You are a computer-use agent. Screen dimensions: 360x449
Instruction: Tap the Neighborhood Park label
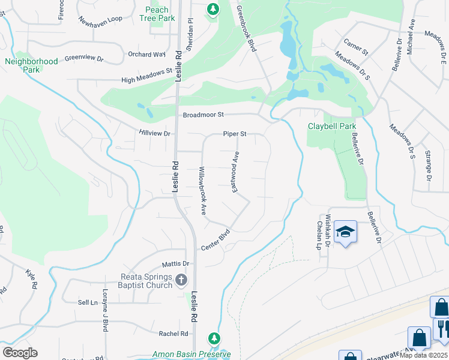[31, 65]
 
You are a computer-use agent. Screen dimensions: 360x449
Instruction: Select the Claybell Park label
[332, 126]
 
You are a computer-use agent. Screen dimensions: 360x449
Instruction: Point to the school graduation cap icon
[345, 232]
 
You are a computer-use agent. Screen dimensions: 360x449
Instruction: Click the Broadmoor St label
[203, 114]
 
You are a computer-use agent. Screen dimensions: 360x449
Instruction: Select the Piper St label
[235, 134]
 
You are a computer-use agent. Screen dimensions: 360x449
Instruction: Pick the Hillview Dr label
[155, 133]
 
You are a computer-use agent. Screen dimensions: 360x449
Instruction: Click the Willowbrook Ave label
[203, 191]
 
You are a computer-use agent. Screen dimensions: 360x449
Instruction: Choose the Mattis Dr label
[175, 263]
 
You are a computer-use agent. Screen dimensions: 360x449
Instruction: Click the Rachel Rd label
[173, 334]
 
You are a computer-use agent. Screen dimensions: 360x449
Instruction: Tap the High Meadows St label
[147, 76]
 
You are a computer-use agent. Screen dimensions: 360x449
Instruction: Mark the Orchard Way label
[146, 54]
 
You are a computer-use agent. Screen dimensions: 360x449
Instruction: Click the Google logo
[20, 353]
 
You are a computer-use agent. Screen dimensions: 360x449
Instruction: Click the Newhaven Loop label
[100, 19]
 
